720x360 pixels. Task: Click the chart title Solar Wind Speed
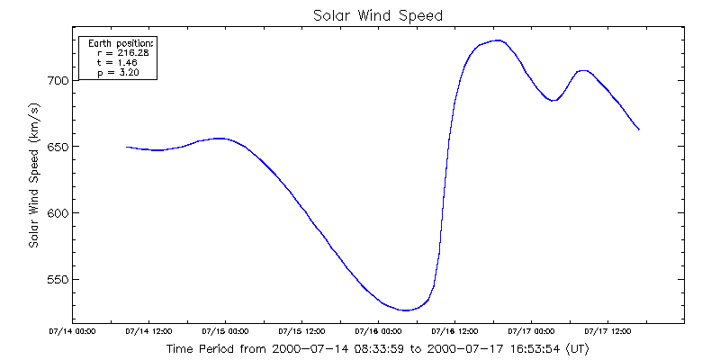[378, 15]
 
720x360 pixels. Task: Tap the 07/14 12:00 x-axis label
[148, 331]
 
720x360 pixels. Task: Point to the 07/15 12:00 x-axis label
[301, 331]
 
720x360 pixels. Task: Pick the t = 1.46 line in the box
[116, 62]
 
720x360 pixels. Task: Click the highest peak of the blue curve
[499, 40]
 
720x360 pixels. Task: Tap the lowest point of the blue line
[406, 310]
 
